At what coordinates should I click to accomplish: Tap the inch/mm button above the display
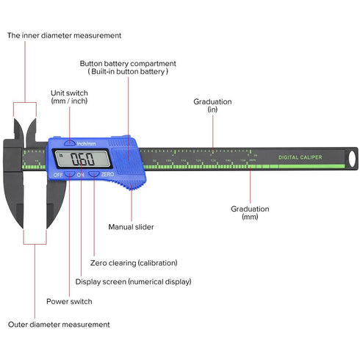coord(69,143)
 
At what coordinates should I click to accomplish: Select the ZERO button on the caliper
coord(94,175)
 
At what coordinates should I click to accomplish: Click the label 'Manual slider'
coord(132,227)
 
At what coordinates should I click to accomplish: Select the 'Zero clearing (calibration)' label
coord(134,262)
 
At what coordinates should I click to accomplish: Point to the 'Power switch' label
coord(69,300)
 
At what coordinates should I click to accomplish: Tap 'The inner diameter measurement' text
coord(65,35)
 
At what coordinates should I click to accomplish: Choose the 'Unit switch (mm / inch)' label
coord(70,97)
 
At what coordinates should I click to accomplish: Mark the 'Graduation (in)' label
coord(212,105)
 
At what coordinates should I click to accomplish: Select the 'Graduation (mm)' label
coord(250,212)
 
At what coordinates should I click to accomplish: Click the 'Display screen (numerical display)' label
coord(134,281)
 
